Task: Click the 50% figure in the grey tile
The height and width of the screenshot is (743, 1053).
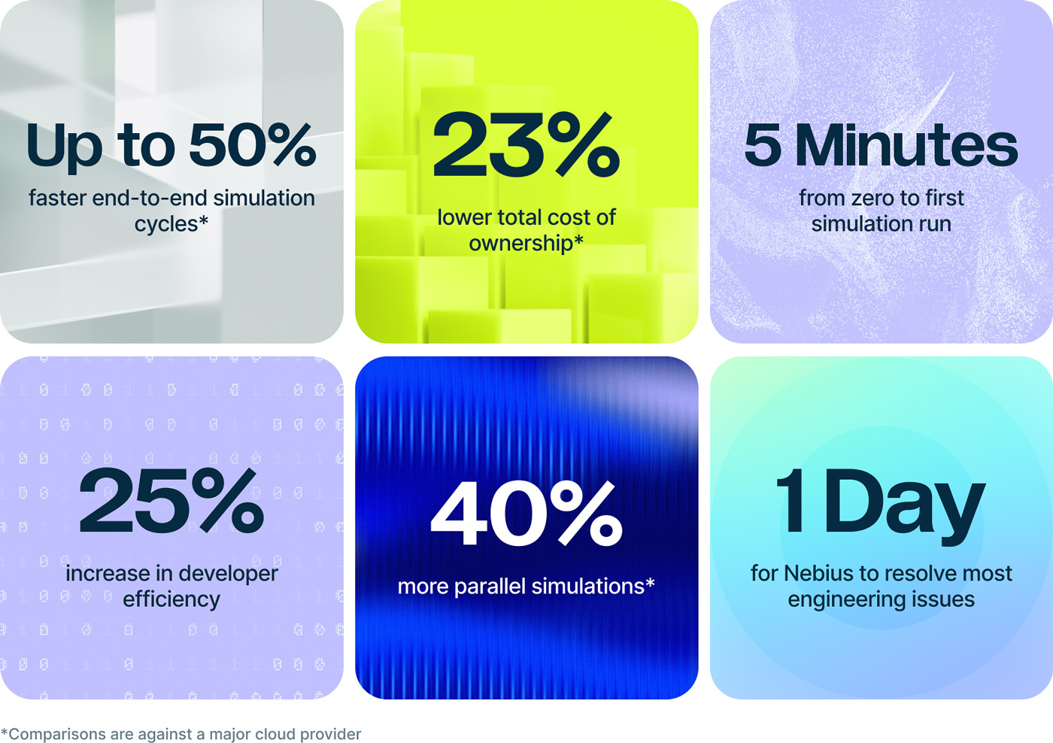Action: [253, 144]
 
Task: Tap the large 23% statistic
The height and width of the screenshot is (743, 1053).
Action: [526, 144]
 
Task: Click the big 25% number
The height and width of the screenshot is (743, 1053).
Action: [171, 500]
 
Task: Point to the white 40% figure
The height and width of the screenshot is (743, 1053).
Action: [526, 513]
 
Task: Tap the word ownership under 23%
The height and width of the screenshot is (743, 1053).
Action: [520, 244]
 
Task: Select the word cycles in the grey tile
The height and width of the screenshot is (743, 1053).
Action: [166, 224]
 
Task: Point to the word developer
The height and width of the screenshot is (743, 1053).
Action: [229, 574]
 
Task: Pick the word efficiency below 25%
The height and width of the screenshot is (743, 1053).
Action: [171, 600]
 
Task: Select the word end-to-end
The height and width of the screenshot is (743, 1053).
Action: [150, 198]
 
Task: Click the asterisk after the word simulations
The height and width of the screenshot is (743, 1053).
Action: [650, 583]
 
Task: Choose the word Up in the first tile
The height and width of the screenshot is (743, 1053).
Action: [64, 148]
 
